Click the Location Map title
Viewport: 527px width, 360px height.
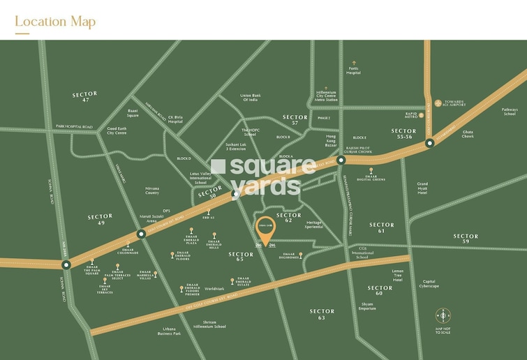click(55, 21)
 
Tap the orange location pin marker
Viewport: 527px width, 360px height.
click(265, 230)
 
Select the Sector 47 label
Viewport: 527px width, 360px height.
click(84, 97)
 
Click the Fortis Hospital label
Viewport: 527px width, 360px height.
click(354, 70)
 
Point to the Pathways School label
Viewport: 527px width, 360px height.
click(510, 111)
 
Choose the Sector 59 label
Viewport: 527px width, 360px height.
click(466, 239)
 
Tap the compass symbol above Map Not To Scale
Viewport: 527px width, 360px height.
click(443, 316)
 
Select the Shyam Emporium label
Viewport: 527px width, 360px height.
click(367, 306)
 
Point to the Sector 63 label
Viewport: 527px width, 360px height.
click(322, 314)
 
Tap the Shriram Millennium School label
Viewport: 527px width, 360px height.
click(210, 324)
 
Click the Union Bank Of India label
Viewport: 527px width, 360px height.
click(249, 98)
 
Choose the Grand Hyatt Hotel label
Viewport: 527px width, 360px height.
click(422, 188)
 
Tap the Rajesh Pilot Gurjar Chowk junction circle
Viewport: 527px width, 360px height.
click(341, 160)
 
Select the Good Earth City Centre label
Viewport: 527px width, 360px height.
click(117, 130)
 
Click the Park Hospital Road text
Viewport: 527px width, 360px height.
click(74, 127)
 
